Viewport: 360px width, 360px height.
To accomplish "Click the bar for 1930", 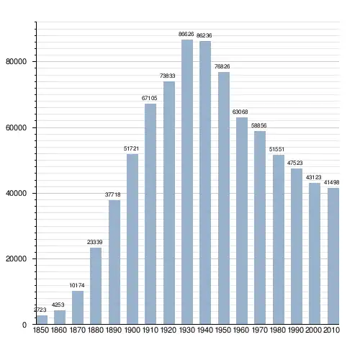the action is coord(187,182).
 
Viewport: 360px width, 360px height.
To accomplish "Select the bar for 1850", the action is coord(42,320).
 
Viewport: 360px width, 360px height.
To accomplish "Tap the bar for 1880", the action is coord(96,286).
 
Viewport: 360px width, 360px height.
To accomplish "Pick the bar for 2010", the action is coord(333,256).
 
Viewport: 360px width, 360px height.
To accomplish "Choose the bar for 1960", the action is coord(242,221).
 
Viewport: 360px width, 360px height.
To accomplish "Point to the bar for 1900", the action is coord(132,239).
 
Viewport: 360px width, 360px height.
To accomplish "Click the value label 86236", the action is coord(204,35).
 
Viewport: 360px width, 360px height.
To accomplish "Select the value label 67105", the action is coord(149,98).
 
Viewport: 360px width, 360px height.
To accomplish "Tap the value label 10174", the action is coord(77,285).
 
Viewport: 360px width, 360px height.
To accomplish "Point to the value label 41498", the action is coord(332,182).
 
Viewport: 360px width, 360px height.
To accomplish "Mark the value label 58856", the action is coord(258,125).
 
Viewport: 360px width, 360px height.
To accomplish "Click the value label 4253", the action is coord(58,305).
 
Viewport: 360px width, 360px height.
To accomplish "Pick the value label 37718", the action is coord(112,194).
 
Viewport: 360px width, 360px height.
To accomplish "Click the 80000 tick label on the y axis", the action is coord(16,61).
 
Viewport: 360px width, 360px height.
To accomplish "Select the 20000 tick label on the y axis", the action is coord(16,258).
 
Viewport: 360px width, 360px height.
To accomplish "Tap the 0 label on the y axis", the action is coord(24,325).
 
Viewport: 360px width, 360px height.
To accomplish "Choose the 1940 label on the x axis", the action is coord(205,330).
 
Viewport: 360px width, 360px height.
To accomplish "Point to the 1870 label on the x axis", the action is coord(78,330).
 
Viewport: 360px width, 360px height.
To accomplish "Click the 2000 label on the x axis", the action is coord(313,330).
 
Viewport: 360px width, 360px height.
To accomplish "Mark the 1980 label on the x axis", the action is coord(277,330).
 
